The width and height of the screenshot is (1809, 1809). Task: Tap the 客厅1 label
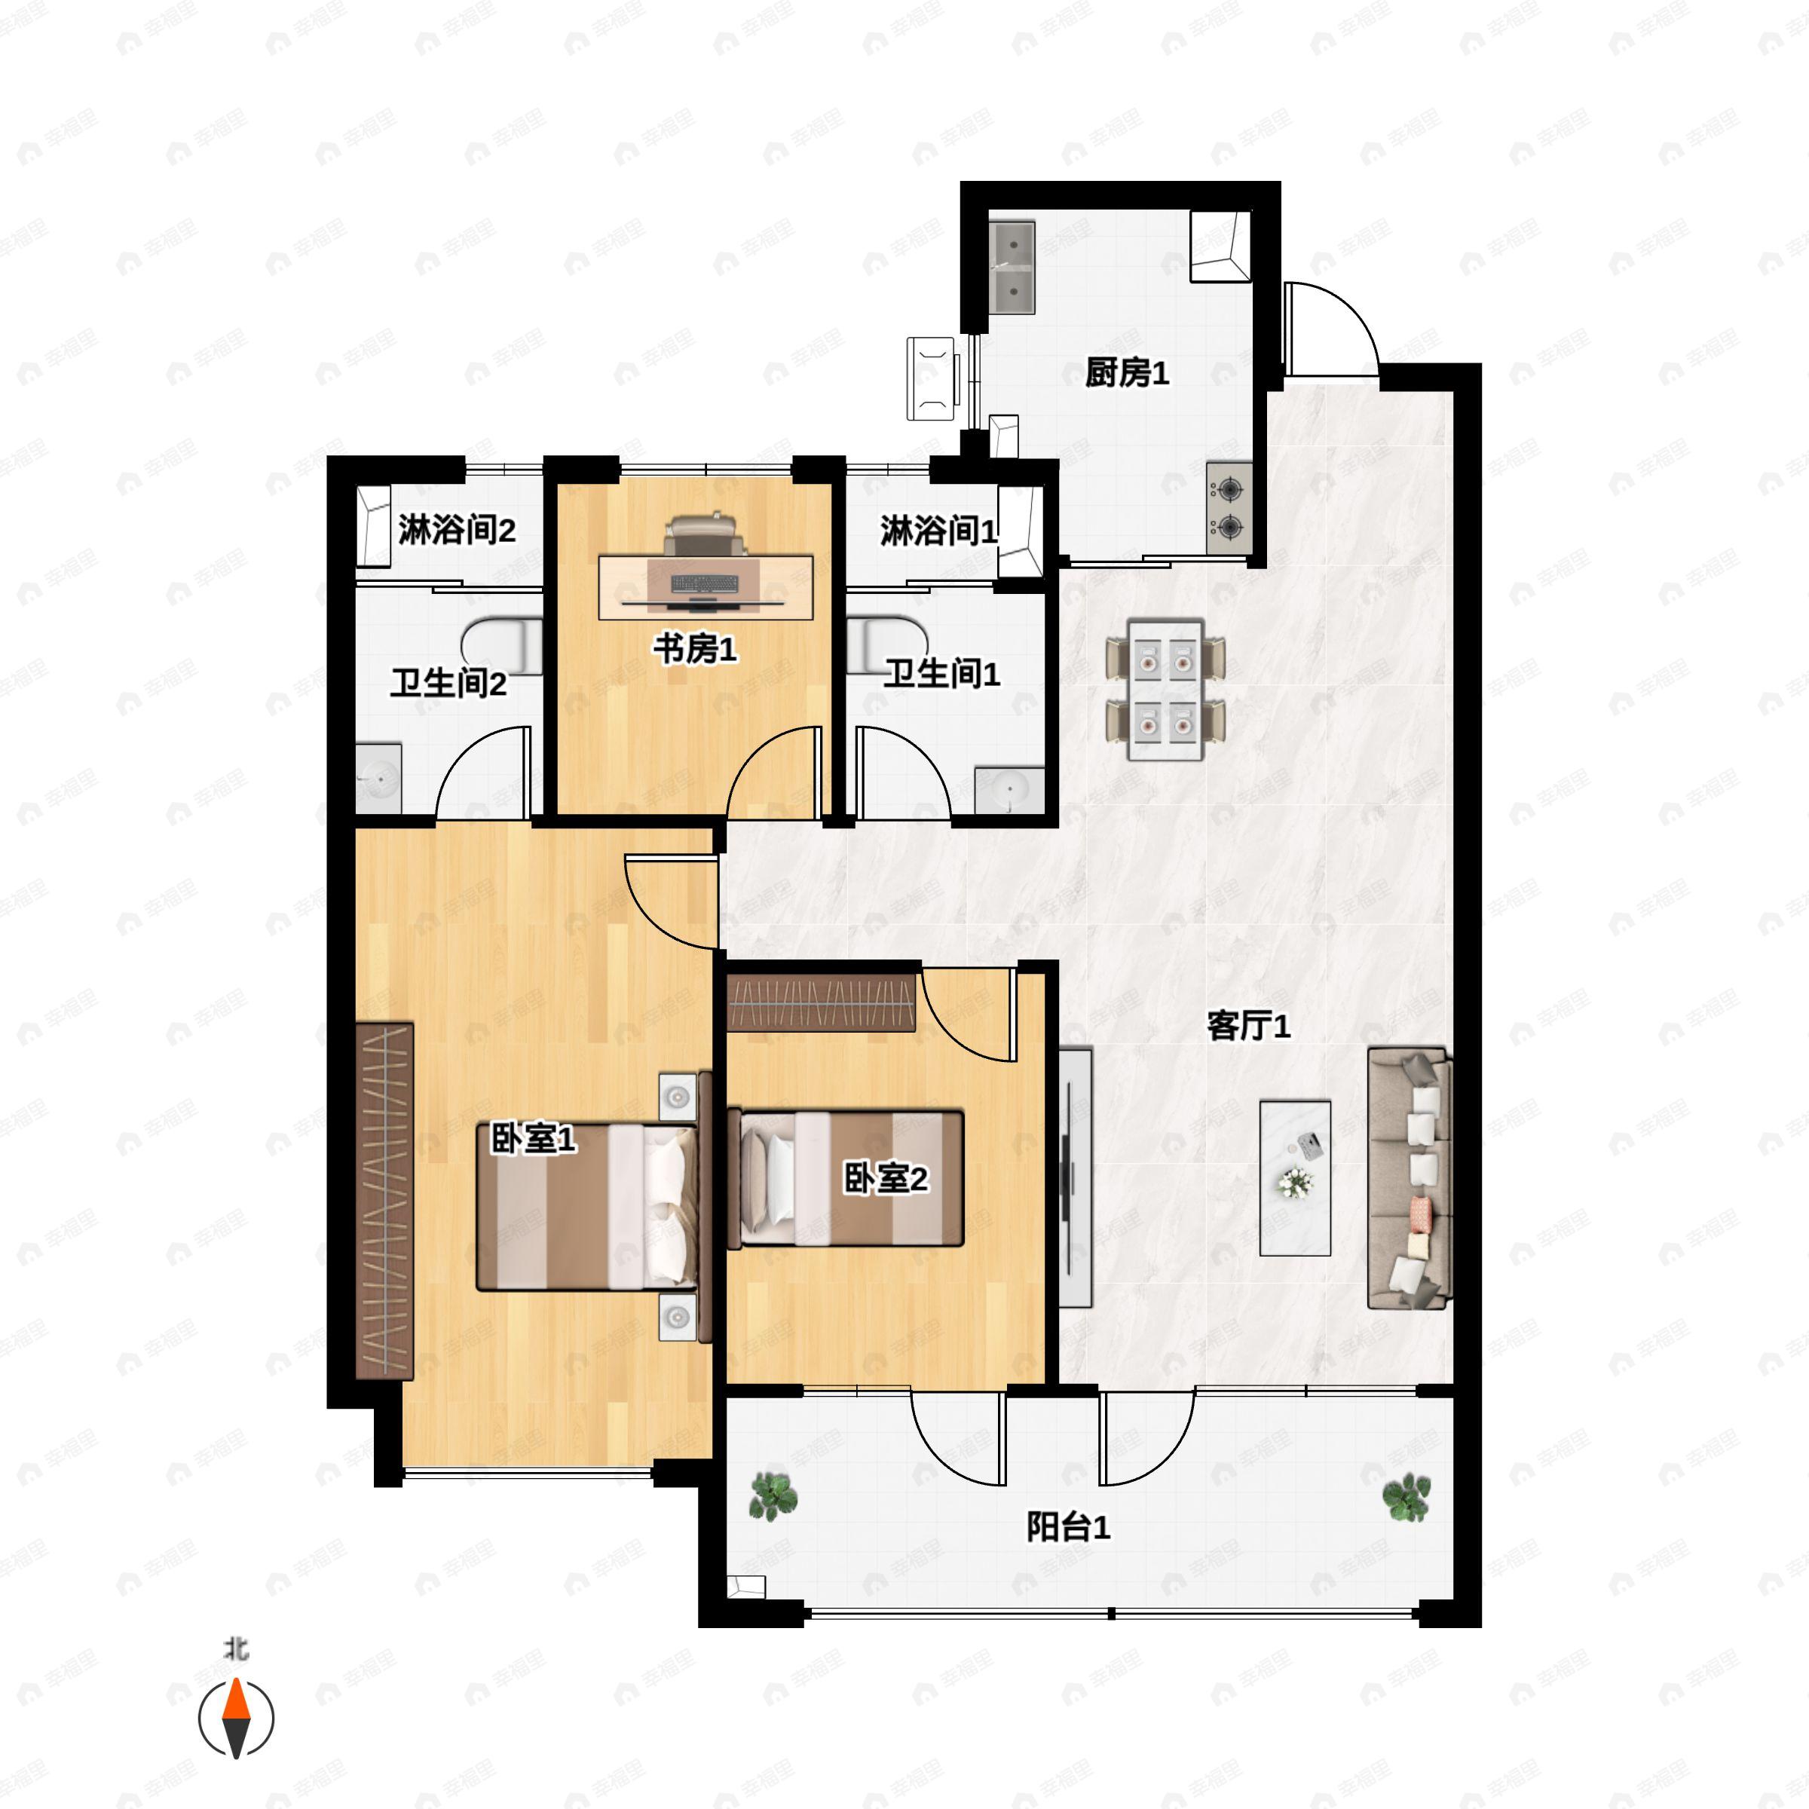coord(1248,1026)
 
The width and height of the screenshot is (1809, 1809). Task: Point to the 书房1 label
coord(695,648)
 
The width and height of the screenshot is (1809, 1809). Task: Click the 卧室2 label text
coord(886,1178)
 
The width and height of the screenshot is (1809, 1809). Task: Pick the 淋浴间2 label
coord(456,531)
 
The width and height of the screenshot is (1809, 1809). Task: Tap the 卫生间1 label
coord(942,673)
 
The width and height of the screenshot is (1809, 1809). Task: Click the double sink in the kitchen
coord(1012,268)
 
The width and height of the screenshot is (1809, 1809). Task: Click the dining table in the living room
coord(1165,689)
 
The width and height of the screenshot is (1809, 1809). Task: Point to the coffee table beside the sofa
coord(1295,1178)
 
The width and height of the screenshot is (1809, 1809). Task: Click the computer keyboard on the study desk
coord(704,583)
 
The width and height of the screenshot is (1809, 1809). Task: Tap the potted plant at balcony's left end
coord(773,1495)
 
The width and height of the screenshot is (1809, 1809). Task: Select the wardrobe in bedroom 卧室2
coord(820,1002)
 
